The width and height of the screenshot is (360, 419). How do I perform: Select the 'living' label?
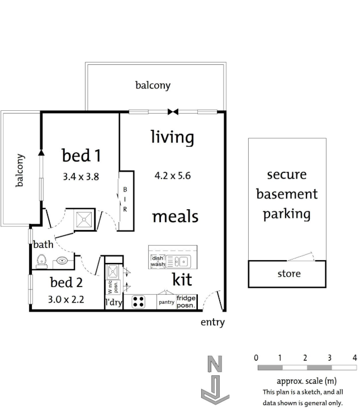[172, 137]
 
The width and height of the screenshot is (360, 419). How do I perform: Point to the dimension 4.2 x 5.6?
[173, 175]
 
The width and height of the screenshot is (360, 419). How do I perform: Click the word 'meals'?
[176, 216]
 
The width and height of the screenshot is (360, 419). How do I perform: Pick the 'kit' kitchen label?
[182, 279]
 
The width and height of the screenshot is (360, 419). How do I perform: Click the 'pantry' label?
[167, 302]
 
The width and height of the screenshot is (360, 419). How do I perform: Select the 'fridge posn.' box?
[187, 302]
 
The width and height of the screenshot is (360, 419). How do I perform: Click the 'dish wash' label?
[157, 261]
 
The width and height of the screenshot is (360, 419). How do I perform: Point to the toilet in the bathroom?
[41, 260]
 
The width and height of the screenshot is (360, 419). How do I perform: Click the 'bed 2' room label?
[66, 282]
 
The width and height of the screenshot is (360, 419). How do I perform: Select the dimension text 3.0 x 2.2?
[66, 299]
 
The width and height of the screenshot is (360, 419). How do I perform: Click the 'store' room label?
[288, 274]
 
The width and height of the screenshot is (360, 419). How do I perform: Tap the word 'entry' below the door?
[212, 322]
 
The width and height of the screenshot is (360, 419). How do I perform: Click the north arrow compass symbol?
[214, 380]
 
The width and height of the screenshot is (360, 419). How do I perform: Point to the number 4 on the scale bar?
[354, 357]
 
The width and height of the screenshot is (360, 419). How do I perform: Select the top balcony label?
[153, 86]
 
